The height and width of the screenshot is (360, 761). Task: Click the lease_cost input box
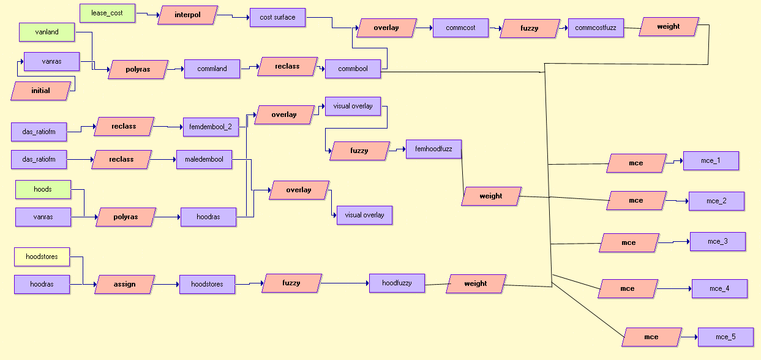tap(107, 13)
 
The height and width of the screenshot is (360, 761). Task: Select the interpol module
tap(187, 15)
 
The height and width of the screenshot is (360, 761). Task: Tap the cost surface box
tap(277, 17)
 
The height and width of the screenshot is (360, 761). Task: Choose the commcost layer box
tap(460, 28)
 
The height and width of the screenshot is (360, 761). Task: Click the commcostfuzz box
tap(596, 28)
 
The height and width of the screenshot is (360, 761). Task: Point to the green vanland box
tap(47, 32)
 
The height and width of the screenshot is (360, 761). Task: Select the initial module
tap(40, 91)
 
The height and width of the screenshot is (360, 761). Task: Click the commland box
tap(212, 69)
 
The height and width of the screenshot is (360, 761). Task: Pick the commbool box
tap(353, 69)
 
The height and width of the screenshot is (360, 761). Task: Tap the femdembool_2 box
tap(211, 127)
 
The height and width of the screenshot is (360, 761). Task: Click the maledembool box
tap(204, 159)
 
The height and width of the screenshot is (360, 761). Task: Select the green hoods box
tap(43, 189)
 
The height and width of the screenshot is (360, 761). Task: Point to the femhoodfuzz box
tap(433, 149)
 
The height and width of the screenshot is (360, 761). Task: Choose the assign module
tap(124, 284)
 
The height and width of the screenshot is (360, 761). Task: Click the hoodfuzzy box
tap(397, 283)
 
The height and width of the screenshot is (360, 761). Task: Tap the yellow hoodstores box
tap(42, 257)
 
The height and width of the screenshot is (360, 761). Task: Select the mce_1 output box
tap(711, 161)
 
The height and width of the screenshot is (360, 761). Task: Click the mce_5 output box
tap(725, 337)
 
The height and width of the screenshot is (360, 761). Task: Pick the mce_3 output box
tap(718, 241)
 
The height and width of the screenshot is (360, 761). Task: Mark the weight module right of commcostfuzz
tap(668, 27)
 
